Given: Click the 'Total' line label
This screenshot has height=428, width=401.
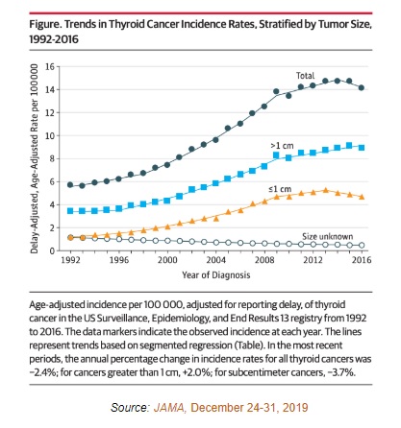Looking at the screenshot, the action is (x=305, y=76).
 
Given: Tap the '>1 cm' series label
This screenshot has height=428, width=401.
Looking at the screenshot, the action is (x=282, y=146).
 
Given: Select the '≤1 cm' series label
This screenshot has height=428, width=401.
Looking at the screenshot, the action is (x=280, y=189).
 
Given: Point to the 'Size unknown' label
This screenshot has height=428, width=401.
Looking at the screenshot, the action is (x=327, y=236).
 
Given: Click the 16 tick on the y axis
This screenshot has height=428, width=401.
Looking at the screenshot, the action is (x=50, y=67).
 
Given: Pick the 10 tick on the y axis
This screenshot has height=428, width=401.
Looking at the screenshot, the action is (x=50, y=136).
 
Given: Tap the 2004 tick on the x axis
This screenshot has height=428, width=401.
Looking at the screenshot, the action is (x=216, y=259).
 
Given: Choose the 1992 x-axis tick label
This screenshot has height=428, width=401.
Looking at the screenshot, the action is (x=70, y=259).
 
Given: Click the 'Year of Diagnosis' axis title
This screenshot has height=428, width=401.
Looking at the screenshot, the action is (x=216, y=275).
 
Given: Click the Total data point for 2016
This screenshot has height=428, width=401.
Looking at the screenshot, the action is (x=362, y=87).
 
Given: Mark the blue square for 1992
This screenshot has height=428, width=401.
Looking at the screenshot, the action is (x=70, y=211).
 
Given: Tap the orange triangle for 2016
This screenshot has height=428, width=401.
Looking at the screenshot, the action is (x=362, y=197).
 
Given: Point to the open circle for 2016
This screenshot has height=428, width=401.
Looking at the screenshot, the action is (x=362, y=245).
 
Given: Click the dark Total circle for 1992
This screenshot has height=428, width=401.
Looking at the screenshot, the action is (x=70, y=185).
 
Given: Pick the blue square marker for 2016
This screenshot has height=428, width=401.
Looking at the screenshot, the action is (x=362, y=148).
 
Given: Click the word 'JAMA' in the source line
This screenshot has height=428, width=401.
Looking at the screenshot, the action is (x=169, y=408).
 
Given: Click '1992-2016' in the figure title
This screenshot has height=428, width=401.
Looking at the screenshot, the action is (x=54, y=39).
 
